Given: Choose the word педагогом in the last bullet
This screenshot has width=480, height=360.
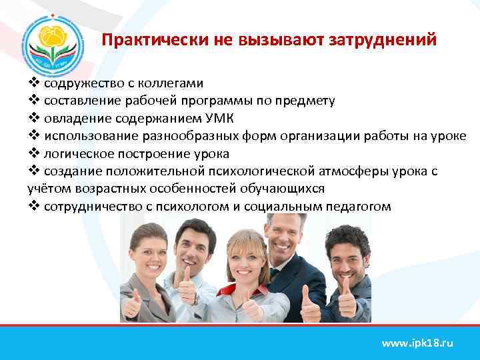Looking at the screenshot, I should tap(361, 207).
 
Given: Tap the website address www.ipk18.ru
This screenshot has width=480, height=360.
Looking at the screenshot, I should tap(417, 343).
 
